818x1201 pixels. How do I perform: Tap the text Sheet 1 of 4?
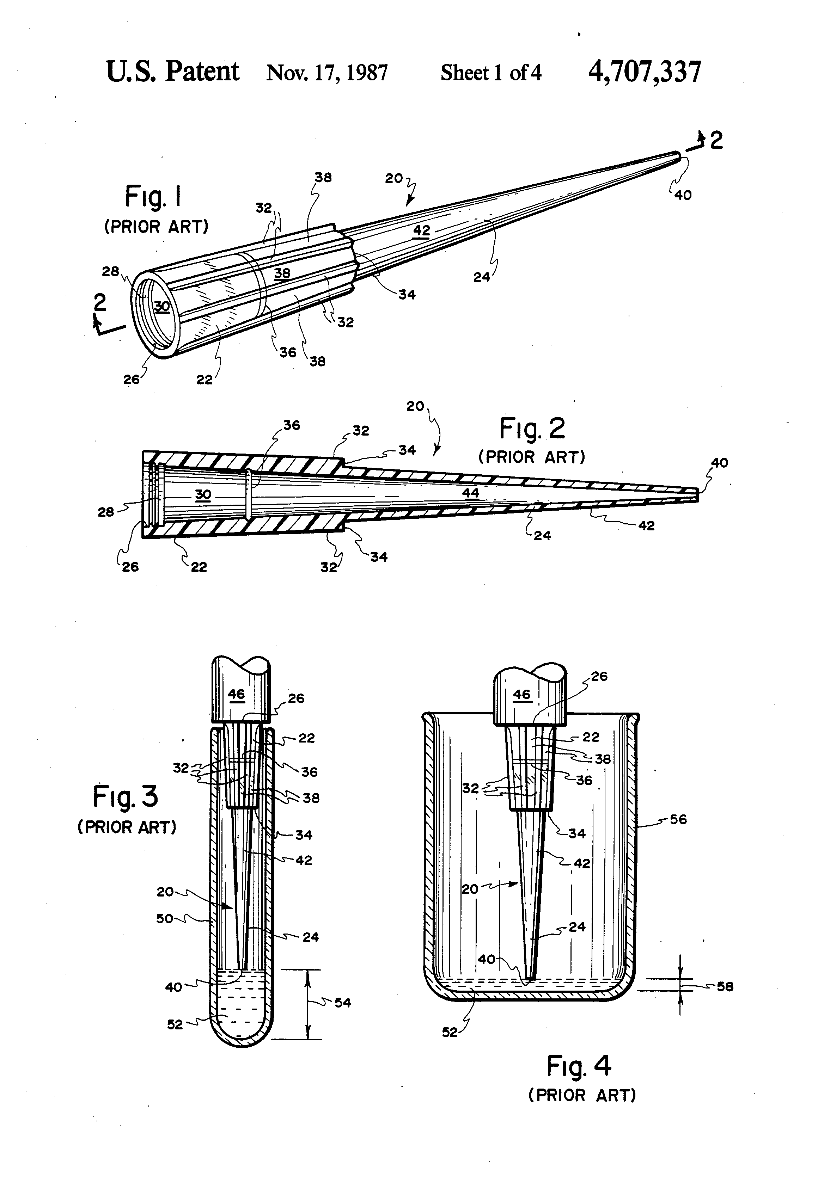[x=491, y=73]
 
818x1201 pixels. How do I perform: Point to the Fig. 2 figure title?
[x=532, y=429]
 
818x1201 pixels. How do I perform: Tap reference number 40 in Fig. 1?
[x=683, y=195]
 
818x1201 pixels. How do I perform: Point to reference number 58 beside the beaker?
[x=725, y=986]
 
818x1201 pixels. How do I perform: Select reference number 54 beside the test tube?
[x=342, y=1003]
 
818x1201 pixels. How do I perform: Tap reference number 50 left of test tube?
[x=164, y=919]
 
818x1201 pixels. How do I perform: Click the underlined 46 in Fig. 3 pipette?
[x=236, y=694]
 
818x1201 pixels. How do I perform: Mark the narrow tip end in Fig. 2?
[x=696, y=495]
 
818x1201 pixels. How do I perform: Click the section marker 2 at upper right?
[x=716, y=141]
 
